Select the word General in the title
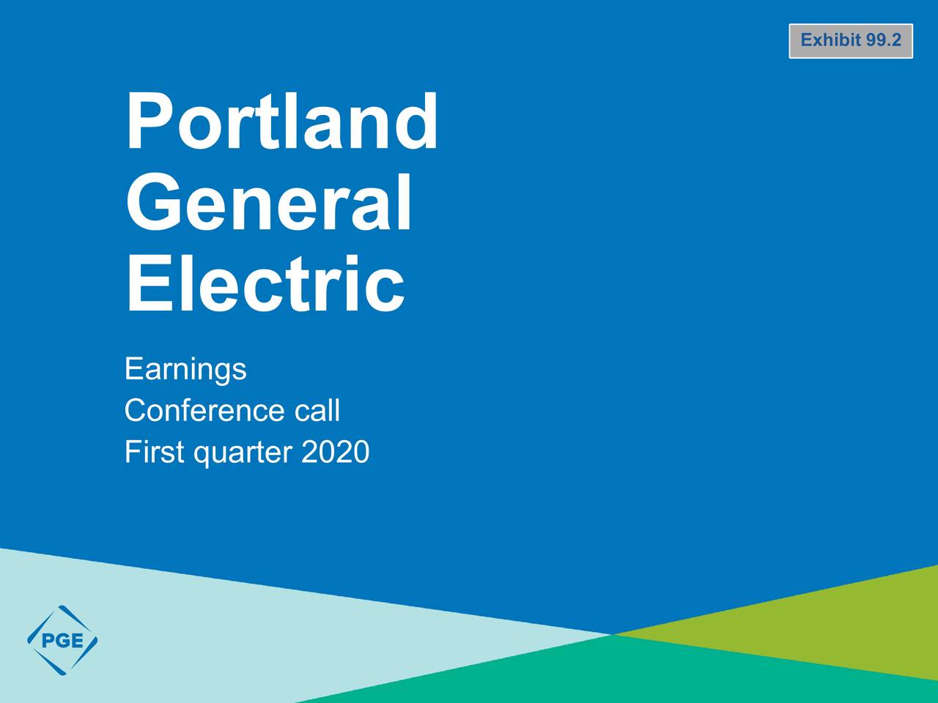point(269,203)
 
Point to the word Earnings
point(185,368)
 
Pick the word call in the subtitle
point(317,410)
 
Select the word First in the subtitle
point(154,452)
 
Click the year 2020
point(335,452)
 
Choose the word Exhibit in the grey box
point(830,40)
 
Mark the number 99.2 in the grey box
point(883,40)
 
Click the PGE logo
point(62,640)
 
